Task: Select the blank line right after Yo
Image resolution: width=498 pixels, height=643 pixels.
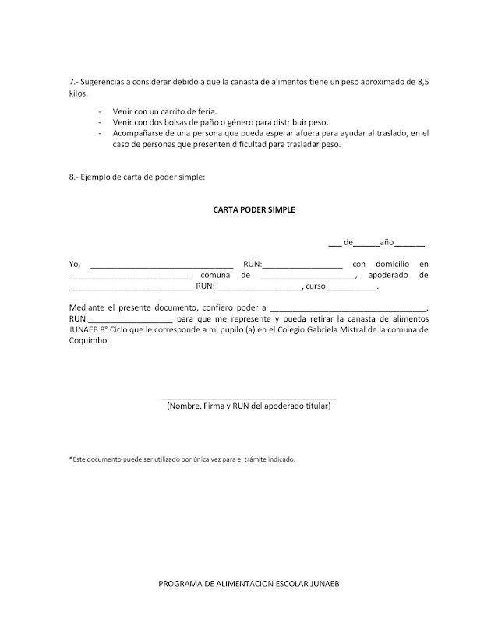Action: (x=162, y=266)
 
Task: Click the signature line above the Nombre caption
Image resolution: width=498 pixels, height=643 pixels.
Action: (x=249, y=398)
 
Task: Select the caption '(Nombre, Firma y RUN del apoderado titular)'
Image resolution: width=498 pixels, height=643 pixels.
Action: (x=249, y=406)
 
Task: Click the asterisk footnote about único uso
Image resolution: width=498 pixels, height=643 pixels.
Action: (x=182, y=459)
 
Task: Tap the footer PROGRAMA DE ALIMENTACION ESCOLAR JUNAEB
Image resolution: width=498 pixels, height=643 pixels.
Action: (x=249, y=584)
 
